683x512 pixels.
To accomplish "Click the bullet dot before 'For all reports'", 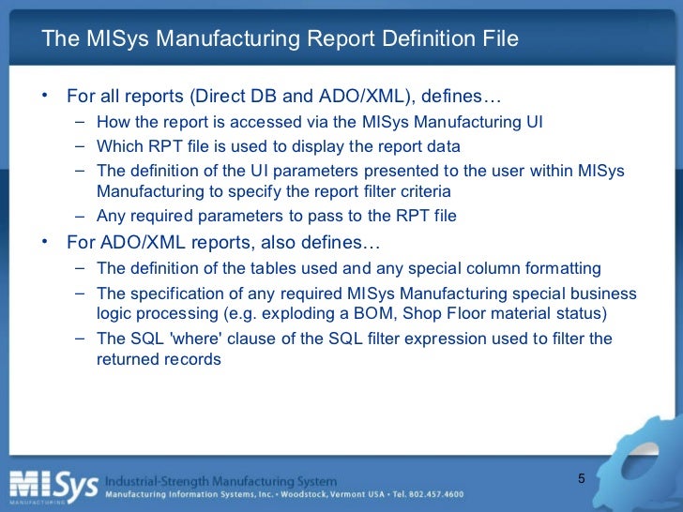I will (44, 97).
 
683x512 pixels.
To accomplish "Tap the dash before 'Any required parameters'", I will (80, 215).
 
